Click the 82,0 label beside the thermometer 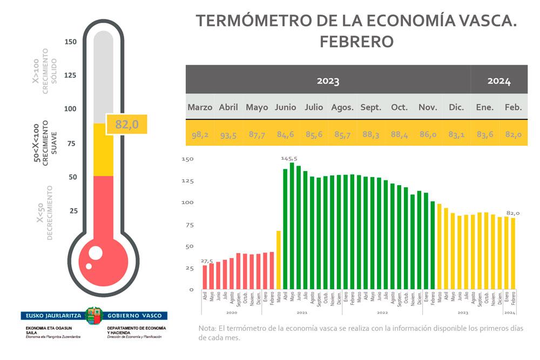(127, 124)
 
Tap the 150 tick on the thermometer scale (71, 42)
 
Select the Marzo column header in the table (200, 107)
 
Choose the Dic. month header (456, 107)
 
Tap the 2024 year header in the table (499, 81)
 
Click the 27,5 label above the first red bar (207, 261)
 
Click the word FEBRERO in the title (356, 42)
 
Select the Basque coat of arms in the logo (94, 315)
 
